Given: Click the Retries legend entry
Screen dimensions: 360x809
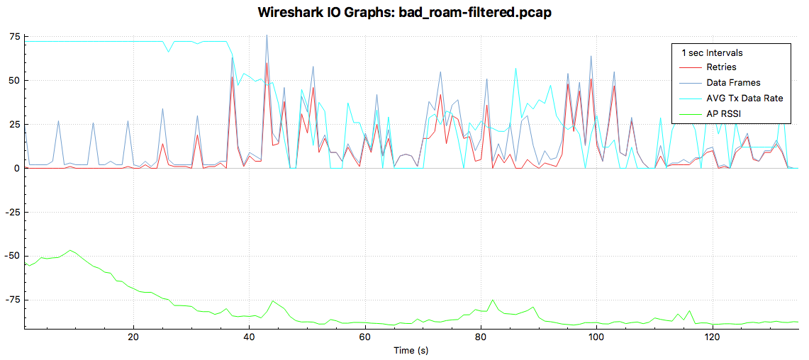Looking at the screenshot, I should (x=721, y=67).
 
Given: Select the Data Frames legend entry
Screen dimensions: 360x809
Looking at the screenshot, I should (x=733, y=83).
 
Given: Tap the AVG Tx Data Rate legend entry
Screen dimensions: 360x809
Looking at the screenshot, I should (x=744, y=98).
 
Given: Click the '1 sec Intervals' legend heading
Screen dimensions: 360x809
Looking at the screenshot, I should (x=712, y=52).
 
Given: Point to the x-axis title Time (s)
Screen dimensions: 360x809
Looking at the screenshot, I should (x=411, y=350).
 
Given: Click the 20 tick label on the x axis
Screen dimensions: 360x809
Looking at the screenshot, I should (x=133, y=337).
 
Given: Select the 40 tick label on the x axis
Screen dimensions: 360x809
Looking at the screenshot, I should (x=249, y=337).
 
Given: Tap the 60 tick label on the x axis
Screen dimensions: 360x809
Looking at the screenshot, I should (x=364, y=337).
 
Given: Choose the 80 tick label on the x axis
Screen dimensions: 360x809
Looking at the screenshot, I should (x=481, y=337).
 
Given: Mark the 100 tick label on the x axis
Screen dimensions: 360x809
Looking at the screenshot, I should (x=596, y=337).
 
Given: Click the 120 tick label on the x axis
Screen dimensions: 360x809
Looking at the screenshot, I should (x=712, y=337).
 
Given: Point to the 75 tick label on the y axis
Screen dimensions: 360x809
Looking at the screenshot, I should (x=14, y=37).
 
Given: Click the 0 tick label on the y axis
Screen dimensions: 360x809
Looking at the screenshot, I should (x=17, y=168).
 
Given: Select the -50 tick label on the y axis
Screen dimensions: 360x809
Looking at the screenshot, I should (x=12, y=256).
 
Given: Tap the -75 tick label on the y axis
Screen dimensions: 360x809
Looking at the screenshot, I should (x=12, y=300).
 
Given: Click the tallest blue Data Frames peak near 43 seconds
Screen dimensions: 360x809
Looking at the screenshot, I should (x=267, y=35).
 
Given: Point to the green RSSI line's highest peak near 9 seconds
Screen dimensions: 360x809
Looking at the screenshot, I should (x=70, y=250).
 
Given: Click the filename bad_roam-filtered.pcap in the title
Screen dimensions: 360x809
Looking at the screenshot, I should (x=486, y=13).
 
